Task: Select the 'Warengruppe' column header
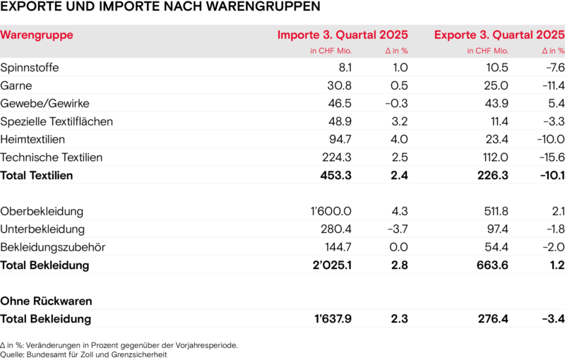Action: tap(37, 35)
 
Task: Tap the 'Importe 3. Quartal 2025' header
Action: tap(342, 35)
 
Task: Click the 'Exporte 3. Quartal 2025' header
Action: tap(499, 35)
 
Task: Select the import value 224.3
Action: tap(336, 157)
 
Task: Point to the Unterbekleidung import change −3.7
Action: tap(398, 229)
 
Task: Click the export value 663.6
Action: tap(493, 265)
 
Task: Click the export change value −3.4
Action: tap(552, 319)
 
